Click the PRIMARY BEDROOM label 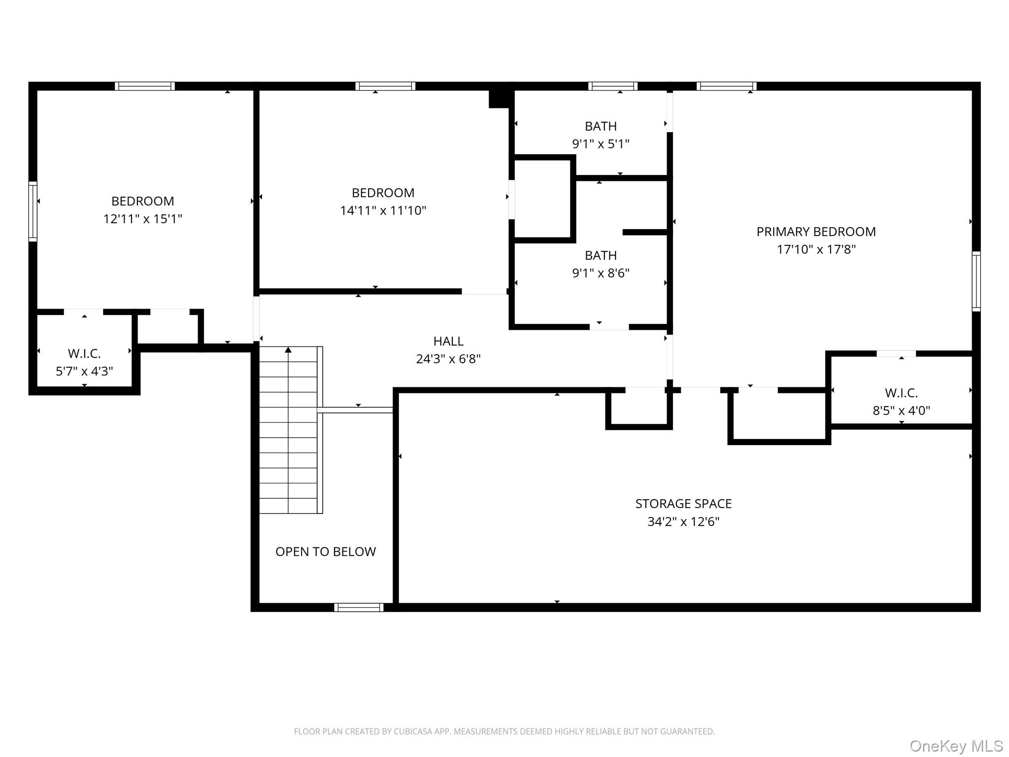click(x=816, y=232)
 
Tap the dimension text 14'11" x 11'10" click(x=383, y=210)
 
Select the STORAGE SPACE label click(x=683, y=504)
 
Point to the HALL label click(x=448, y=341)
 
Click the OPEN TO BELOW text click(x=325, y=551)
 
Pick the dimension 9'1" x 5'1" click(x=601, y=144)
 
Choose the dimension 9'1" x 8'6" click(x=601, y=273)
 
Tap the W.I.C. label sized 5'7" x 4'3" click(x=84, y=353)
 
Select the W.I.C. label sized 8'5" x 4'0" click(x=901, y=393)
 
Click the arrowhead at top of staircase click(x=288, y=350)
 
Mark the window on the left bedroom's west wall click(x=33, y=211)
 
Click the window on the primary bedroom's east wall click(x=976, y=281)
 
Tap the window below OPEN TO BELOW click(x=359, y=607)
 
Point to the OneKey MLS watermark click(x=956, y=746)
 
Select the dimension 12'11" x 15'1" click(x=142, y=219)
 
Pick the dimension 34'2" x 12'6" click(x=683, y=521)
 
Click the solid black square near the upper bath click(x=499, y=98)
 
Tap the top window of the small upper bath click(x=612, y=86)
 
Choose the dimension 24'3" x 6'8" click(x=448, y=359)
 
